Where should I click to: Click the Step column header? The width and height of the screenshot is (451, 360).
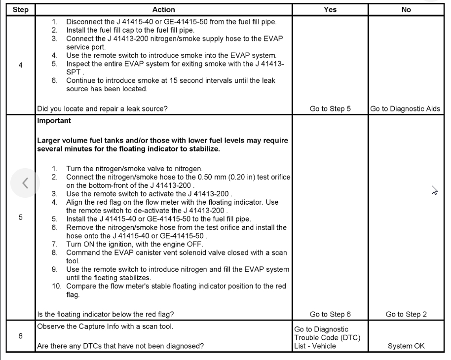pos(20,9)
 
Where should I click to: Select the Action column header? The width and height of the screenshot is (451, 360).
pos(163,9)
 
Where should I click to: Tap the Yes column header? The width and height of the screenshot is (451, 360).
pos(330,9)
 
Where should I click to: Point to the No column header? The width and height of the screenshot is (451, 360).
pos(406,9)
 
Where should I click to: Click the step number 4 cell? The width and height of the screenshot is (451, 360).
pos(20,65)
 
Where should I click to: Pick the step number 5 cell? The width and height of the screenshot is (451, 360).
pos(20,217)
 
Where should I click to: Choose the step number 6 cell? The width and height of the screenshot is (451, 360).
pos(20,336)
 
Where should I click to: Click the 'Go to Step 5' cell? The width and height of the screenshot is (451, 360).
pos(330,109)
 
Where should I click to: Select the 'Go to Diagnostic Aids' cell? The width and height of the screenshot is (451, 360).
pos(405,109)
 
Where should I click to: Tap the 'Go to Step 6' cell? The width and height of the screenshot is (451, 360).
pos(330,314)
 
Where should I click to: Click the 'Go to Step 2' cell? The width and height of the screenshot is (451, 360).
pos(406,314)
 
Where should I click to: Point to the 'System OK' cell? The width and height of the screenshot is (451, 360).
pos(406,346)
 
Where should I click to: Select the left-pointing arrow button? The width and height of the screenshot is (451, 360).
pos(25,183)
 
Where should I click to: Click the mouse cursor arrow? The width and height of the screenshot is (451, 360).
pos(434,190)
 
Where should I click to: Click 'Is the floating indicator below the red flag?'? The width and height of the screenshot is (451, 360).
pos(106,314)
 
